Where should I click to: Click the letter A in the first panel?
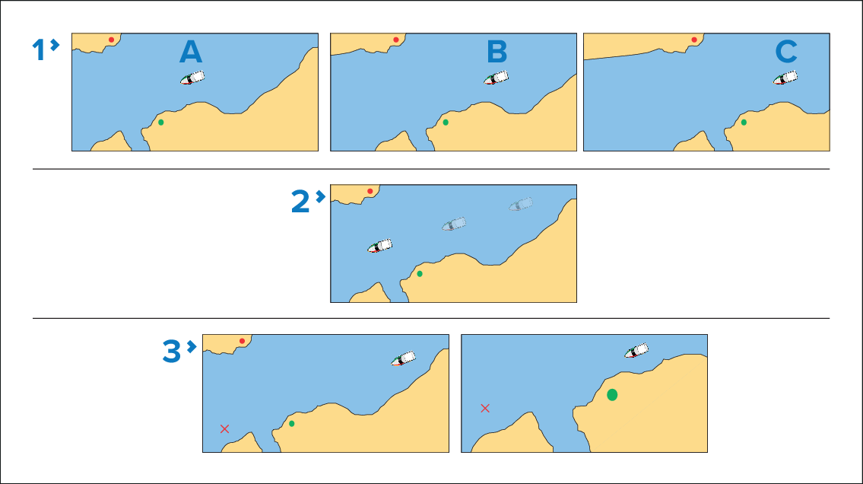tap(191, 52)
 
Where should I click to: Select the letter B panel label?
tap(497, 52)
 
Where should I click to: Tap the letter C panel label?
tap(786, 52)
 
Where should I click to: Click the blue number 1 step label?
tap(39, 50)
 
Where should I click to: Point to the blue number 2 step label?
tap(300, 202)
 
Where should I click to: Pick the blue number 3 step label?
tap(172, 352)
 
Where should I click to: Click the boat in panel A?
tap(192, 78)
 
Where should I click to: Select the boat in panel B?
tap(496, 78)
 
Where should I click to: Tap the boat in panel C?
tap(785, 78)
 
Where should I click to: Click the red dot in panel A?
tap(111, 40)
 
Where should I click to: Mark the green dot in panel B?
tap(446, 123)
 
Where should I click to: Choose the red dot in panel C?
tap(694, 40)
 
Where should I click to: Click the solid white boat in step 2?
tap(379, 246)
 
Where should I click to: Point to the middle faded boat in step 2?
tap(454, 224)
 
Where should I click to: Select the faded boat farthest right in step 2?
tap(521, 204)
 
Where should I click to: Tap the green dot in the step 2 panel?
tap(420, 274)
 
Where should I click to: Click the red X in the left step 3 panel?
tap(224, 429)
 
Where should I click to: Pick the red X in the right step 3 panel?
tap(485, 408)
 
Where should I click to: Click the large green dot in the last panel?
tap(612, 395)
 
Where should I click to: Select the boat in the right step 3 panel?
tap(636, 351)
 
